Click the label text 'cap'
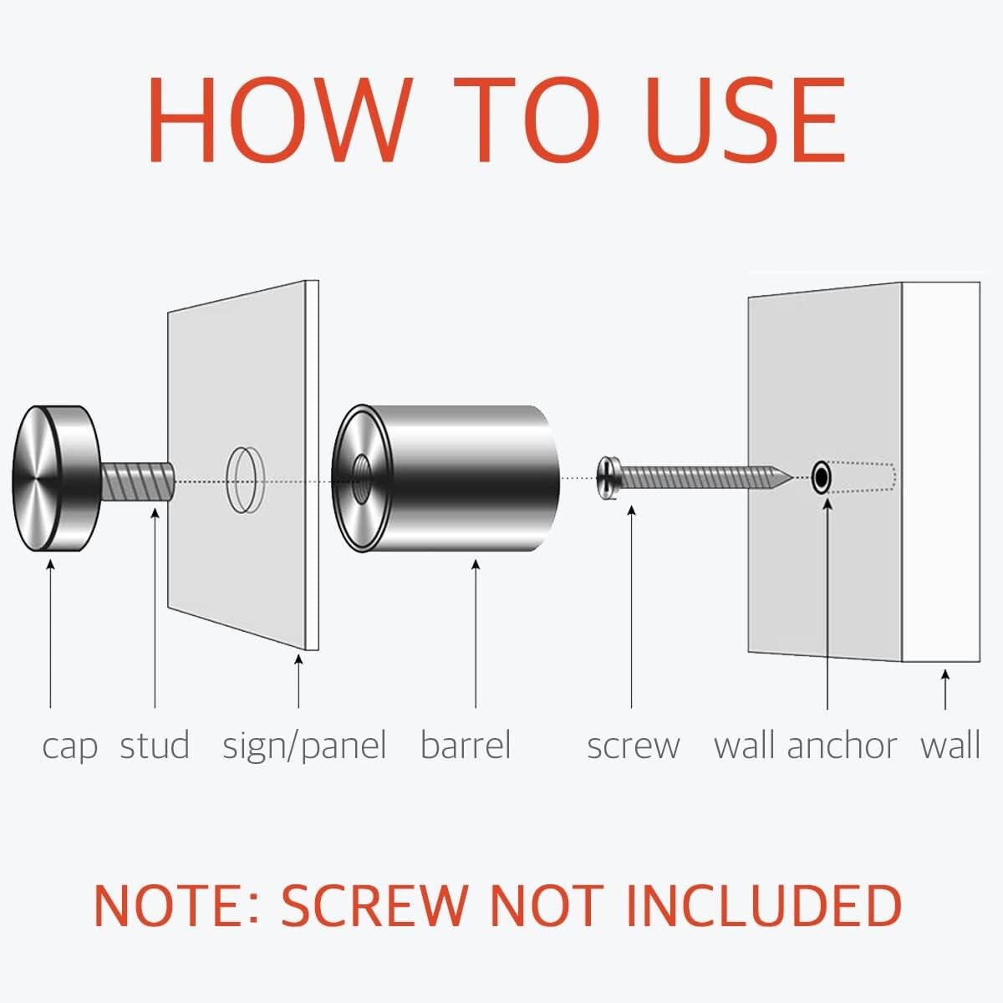69,746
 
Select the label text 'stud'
155,745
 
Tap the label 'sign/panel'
304,746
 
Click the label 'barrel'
466,745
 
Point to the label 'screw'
633,746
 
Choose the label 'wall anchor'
805,745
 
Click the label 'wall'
950,745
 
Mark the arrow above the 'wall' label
945,689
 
